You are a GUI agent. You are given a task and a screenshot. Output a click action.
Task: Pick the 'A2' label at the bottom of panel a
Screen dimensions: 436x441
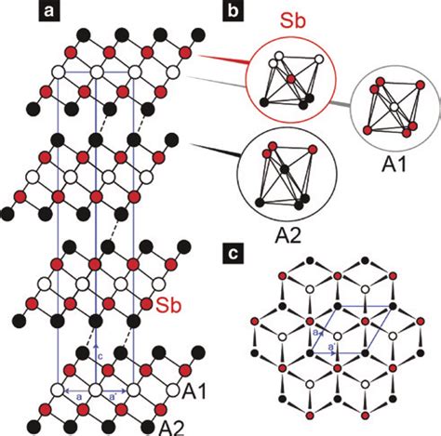click(178, 425)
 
